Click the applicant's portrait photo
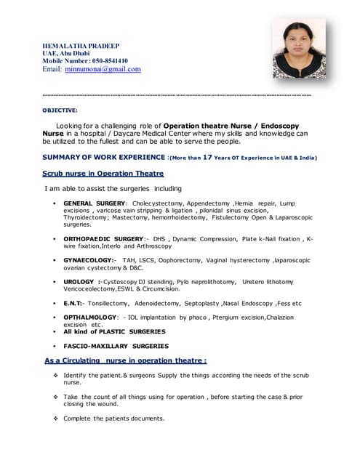click(x=299, y=49)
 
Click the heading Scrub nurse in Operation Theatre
click(x=103, y=174)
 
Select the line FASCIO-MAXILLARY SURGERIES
click(x=116, y=346)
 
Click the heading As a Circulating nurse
click(x=125, y=360)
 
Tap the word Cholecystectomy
click(x=157, y=203)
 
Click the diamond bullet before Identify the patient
click(x=55, y=375)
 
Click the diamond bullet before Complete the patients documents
click(x=55, y=418)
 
